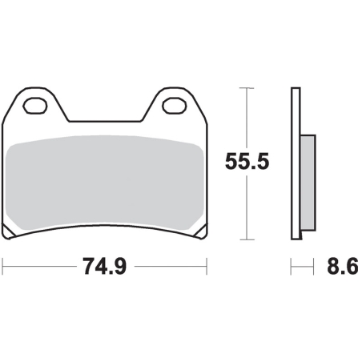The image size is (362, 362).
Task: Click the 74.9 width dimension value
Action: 104,266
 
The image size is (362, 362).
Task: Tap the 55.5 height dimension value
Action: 247,162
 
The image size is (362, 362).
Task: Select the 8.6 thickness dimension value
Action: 343,266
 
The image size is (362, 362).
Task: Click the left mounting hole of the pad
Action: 35,106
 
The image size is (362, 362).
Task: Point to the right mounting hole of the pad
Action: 175,106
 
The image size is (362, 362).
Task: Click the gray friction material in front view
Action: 105,183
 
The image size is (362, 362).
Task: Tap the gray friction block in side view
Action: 308,183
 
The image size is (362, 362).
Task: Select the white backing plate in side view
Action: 296,163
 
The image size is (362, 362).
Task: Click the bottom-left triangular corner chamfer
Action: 8,231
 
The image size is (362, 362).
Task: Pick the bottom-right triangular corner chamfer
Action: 201,231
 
